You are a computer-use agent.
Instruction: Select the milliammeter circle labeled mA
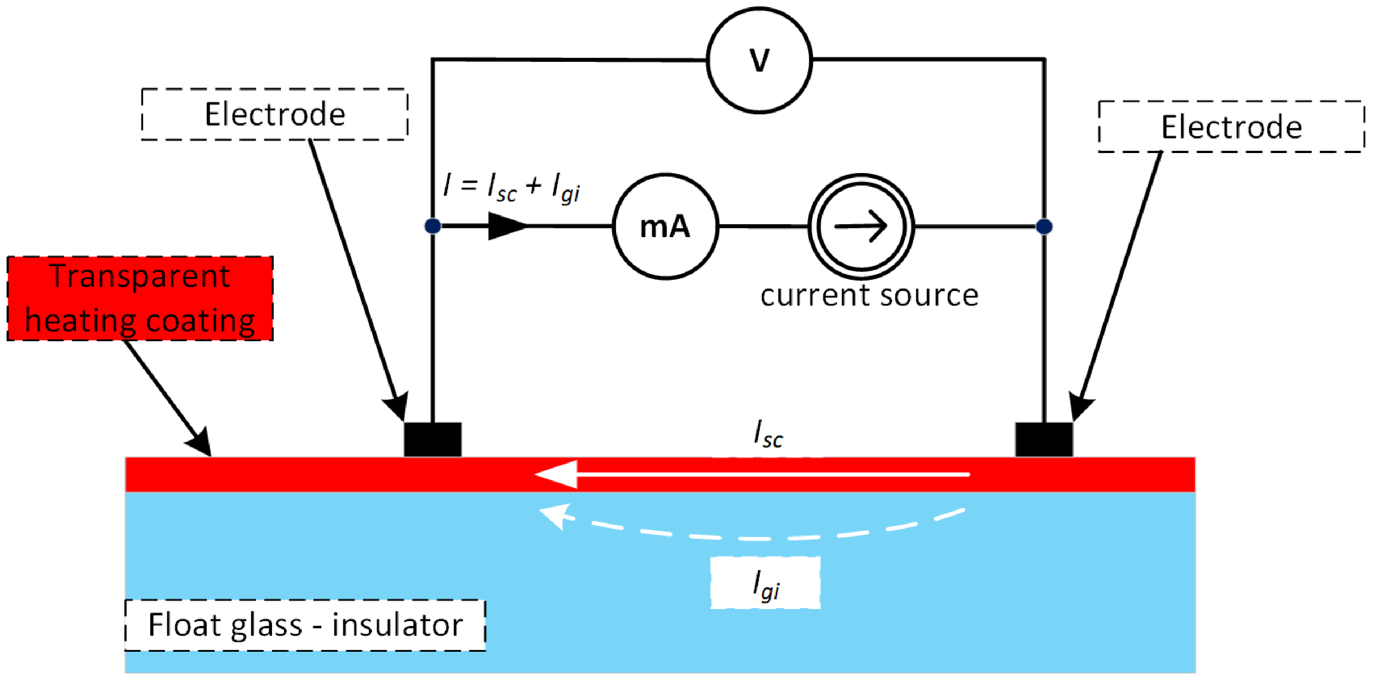(665, 226)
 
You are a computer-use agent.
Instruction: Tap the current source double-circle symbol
(861, 226)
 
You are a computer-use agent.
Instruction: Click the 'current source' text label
(869, 295)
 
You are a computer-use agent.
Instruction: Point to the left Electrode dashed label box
(275, 115)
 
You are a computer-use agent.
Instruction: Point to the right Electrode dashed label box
(1231, 127)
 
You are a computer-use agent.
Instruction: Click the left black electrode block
(432, 440)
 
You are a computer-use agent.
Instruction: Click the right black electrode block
(1044, 440)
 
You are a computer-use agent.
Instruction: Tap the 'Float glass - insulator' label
(305, 625)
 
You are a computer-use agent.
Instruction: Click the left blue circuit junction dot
(433, 226)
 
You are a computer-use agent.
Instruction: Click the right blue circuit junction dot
(1044, 227)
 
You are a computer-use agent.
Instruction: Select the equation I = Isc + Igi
(511, 188)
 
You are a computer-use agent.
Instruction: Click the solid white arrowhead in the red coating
(558, 474)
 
